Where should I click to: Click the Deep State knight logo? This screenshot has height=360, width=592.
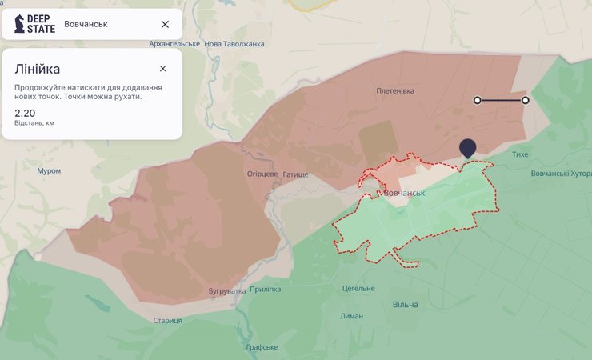point(19,25)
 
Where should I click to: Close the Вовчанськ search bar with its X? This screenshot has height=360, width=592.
point(165,25)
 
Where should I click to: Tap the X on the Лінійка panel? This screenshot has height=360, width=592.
point(162,69)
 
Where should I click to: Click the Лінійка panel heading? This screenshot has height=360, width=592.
point(37,70)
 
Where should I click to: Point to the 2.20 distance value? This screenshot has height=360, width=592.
point(24,113)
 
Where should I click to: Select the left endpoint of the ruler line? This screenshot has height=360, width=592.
point(478,100)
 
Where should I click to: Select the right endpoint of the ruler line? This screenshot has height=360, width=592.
point(526,100)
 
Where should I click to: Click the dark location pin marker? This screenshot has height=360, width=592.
point(468,147)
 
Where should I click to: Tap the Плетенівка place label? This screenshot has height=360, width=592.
point(395,91)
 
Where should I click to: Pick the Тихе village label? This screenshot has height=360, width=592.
point(520,154)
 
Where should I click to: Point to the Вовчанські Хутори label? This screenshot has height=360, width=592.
point(561,174)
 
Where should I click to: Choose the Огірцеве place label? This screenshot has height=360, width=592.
point(262,174)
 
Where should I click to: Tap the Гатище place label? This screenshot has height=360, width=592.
point(295,174)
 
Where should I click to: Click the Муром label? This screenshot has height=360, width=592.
point(49,171)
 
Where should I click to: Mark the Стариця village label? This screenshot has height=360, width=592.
point(168,321)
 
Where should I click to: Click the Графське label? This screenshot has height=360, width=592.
point(262,347)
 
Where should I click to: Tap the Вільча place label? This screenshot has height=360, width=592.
point(406,304)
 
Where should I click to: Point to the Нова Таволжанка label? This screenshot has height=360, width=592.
point(235,44)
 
